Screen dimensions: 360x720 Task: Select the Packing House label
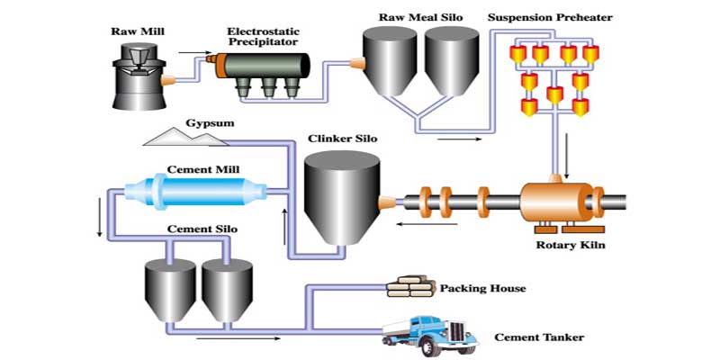tap(482, 289)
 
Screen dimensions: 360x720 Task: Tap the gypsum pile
tap(185, 137)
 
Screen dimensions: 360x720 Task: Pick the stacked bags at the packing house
tap(409, 288)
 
